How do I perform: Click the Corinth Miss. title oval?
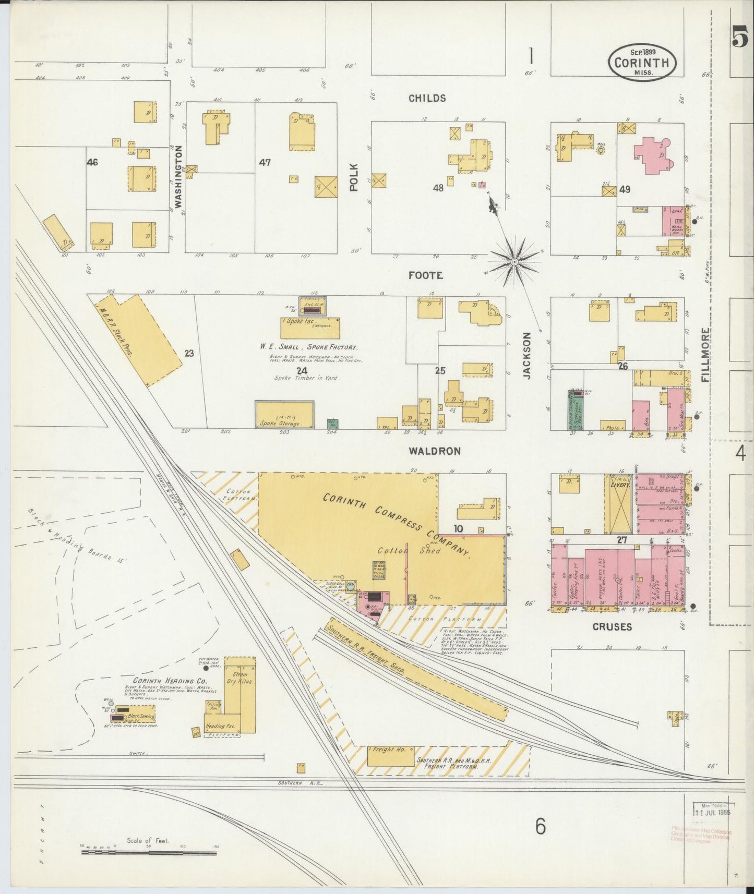click(641, 62)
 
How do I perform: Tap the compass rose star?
click(514, 261)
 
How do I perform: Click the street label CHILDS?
click(427, 98)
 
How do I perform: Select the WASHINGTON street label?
click(178, 177)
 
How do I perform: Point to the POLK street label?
click(354, 177)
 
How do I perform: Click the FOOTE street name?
click(425, 275)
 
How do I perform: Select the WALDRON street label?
click(434, 451)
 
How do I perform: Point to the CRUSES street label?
click(612, 626)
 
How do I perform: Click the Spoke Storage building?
click(284, 415)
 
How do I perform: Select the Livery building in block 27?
click(618, 504)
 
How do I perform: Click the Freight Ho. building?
click(390, 756)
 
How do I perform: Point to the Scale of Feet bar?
click(149, 853)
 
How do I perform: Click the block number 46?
click(92, 163)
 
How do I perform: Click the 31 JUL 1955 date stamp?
click(713, 812)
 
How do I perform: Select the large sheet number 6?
click(540, 826)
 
